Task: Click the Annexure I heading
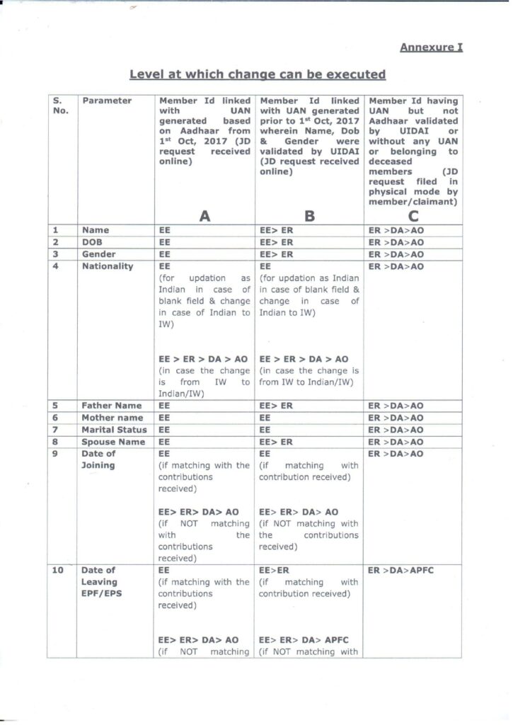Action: pyautogui.click(x=431, y=48)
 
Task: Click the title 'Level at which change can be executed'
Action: pyautogui.click(x=258, y=74)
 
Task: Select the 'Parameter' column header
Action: pyautogui.click(x=107, y=101)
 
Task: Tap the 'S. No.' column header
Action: pyautogui.click(x=60, y=105)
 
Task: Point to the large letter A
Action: pyautogui.click(x=204, y=217)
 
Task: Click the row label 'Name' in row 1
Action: pyautogui.click(x=95, y=230)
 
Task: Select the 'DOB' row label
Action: pyautogui.click(x=93, y=242)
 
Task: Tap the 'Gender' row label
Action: pyautogui.click(x=99, y=253)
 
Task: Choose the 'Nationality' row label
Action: pyautogui.click(x=108, y=266)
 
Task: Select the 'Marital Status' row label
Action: pyautogui.click(x=115, y=430)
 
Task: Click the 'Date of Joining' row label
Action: pyautogui.click(x=99, y=459)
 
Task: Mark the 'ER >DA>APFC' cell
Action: pyautogui.click(x=400, y=570)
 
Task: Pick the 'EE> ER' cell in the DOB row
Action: pyautogui.click(x=277, y=242)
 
